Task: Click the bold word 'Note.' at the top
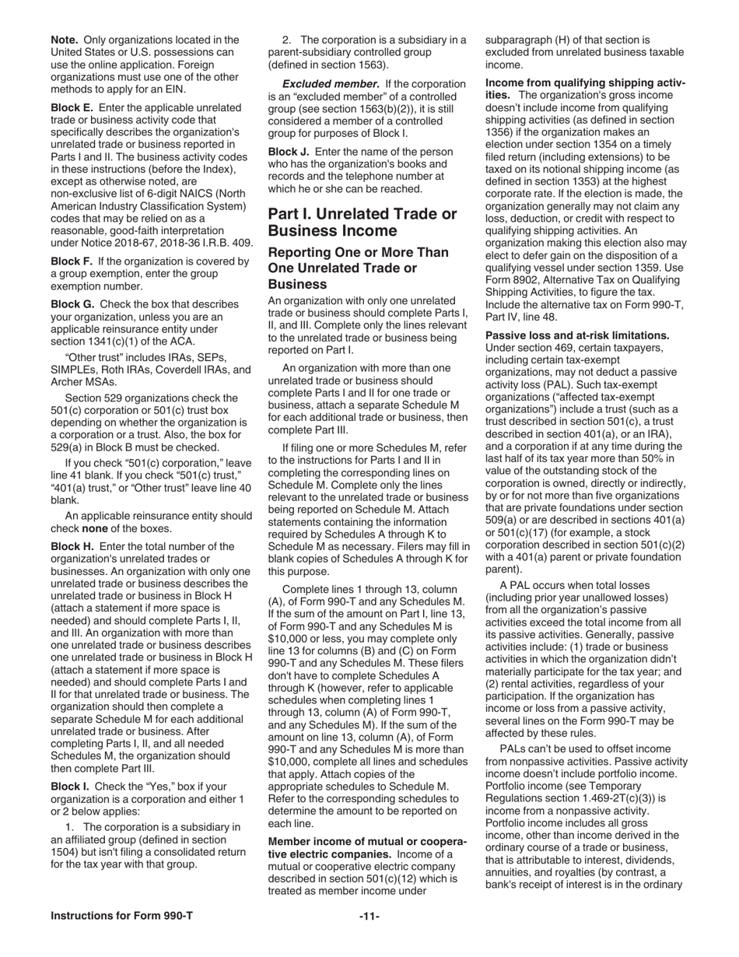[x=65, y=40]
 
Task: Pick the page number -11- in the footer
[x=369, y=938]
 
